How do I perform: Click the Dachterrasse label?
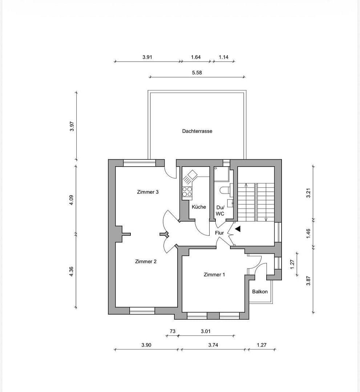(x=197, y=131)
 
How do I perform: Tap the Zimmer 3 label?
(x=147, y=192)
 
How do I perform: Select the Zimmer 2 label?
(x=146, y=261)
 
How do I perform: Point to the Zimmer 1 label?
(x=214, y=275)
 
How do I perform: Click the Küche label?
(x=199, y=207)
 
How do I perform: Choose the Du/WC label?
(x=220, y=211)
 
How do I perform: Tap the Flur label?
(x=219, y=233)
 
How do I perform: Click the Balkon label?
(x=260, y=291)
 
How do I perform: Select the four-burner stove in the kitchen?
(x=187, y=192)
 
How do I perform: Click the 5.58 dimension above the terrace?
(x=197, y=73)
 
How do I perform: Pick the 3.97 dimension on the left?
(x=72, y=126)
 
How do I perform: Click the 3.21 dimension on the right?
(x=308, y=192)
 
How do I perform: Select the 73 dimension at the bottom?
(x=173, y=331)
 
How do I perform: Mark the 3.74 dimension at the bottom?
(x=213, y=345)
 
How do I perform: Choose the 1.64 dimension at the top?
(x=196, y=57)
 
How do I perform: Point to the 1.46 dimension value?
(x=308, y=233)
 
